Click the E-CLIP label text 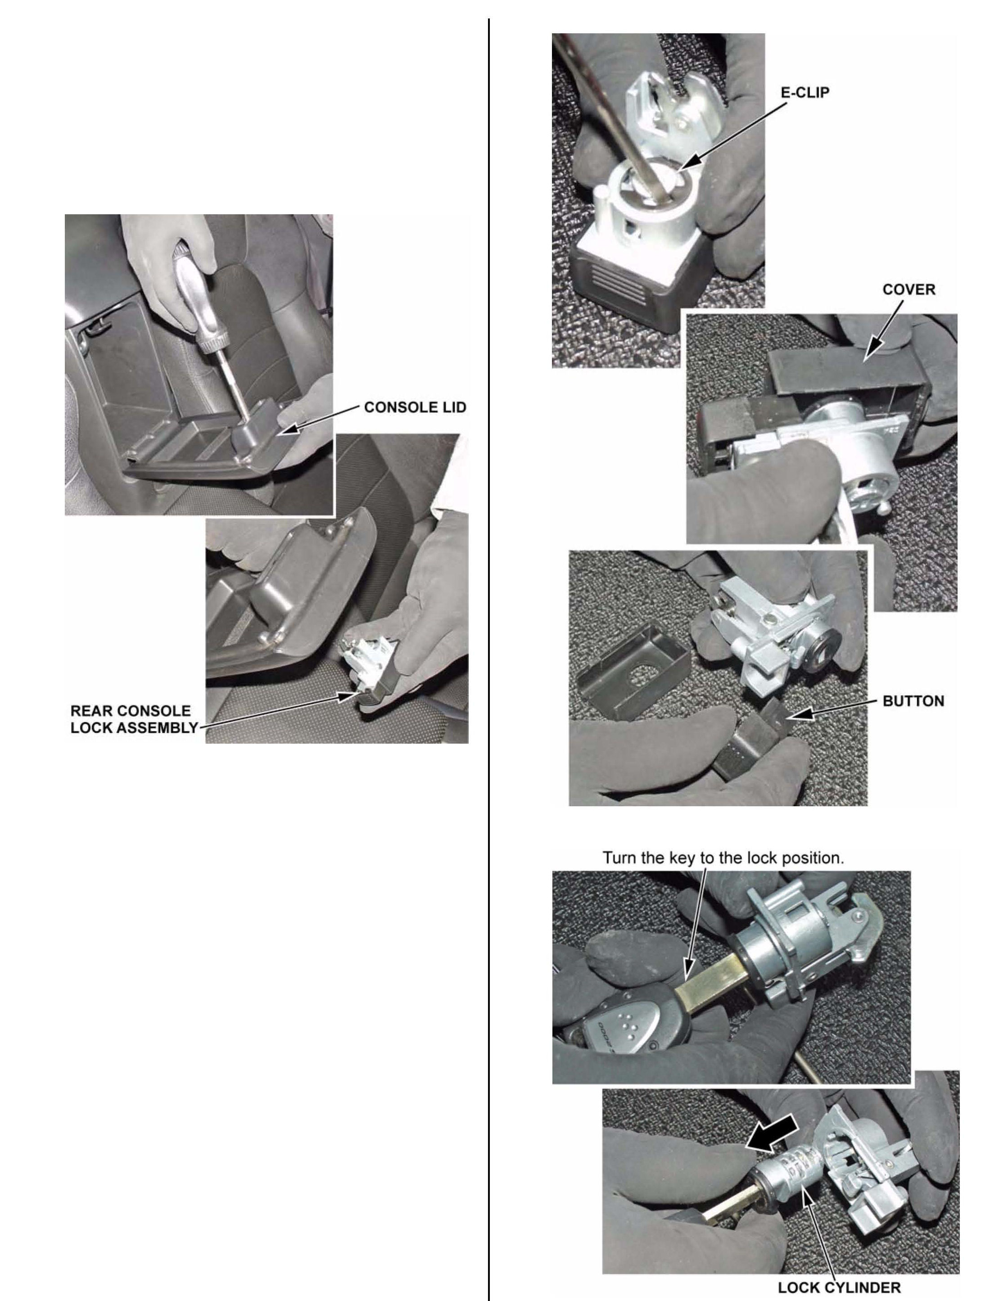pyautogui.click(x=805, y=93)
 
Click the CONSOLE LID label pyautogui.click(x=415, y=407)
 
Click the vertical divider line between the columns pyautogui.click(x=489, y=660)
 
